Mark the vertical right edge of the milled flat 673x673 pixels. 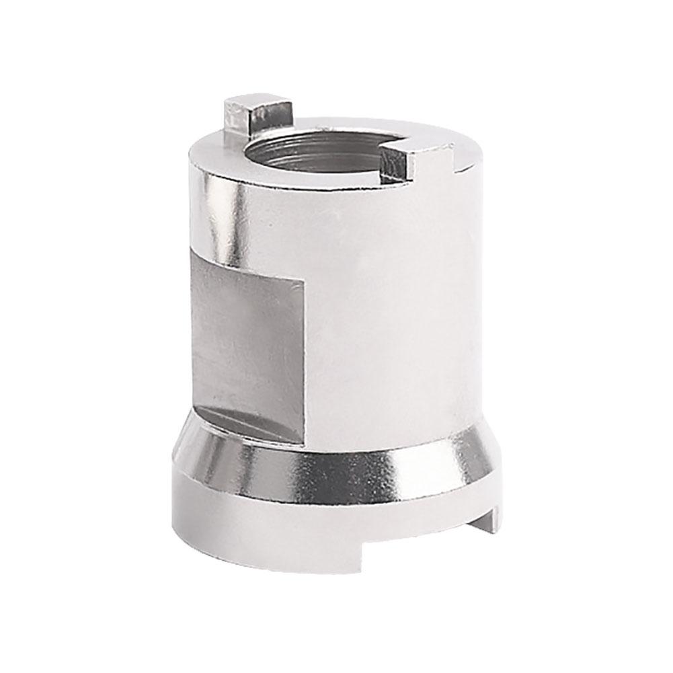coord(307,350)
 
